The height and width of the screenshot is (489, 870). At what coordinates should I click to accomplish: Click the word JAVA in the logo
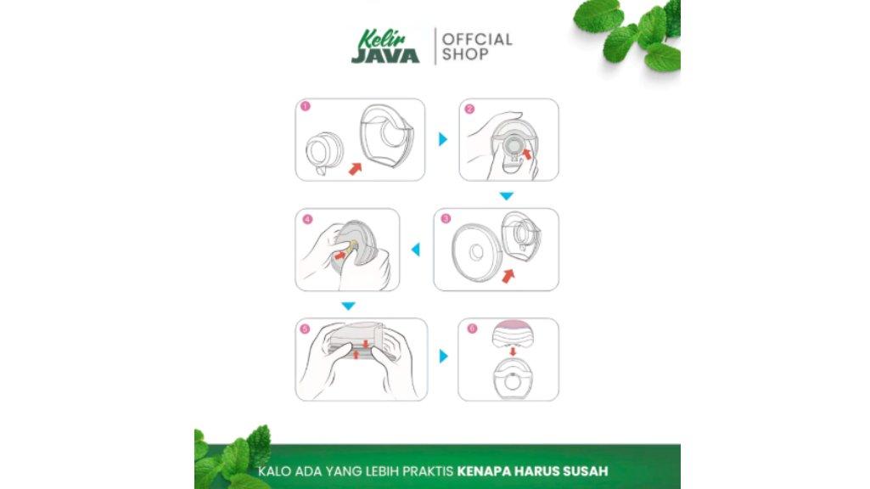pos(385,56)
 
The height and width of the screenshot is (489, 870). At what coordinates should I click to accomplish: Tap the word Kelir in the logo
pos(382,39)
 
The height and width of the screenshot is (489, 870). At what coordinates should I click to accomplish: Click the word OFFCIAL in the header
pos(477,39)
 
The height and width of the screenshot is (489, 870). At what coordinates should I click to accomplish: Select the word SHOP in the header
pos(465,54)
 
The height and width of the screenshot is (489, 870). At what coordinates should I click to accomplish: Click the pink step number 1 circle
pos(306,106)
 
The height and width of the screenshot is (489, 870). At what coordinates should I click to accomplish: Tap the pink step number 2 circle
pos(469,109)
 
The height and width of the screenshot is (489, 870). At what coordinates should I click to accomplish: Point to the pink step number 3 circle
pos(446,218)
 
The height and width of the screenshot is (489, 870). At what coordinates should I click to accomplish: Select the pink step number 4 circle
pos(307,219)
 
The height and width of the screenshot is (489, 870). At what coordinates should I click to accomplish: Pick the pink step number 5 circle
pos(305,329)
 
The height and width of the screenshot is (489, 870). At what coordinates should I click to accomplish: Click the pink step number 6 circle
pos(472,328)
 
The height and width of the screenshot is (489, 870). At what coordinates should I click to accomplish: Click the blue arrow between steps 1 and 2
pos(443,138)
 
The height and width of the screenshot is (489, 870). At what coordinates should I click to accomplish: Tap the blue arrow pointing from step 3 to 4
pos(416,250)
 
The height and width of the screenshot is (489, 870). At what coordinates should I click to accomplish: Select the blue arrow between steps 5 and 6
pos(443,356)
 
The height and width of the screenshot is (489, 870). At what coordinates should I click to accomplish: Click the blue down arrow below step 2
pos(507,196)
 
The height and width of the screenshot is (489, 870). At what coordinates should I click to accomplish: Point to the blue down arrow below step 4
pos(348,306)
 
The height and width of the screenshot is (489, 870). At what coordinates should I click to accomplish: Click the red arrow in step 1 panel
pos(355,168)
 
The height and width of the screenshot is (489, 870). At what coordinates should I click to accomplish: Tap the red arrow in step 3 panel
pos(508,275)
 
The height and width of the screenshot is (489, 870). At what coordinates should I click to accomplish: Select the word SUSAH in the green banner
pos(586,471)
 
